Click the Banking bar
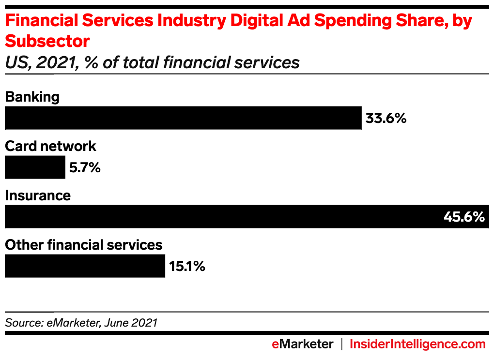coord(183,118)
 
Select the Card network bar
coord(35,167)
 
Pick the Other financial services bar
coord(85,266)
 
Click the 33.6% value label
coord(386,119)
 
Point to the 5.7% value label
coord(84,168)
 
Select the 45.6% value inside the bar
coord(464,217)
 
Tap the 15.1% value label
coord(187,266)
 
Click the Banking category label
coord(32,97)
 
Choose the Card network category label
coord(50,146)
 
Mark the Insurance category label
coord(38,195)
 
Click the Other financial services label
coord(83,245)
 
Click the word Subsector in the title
coord(47,42)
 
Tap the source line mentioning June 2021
coord(81,322)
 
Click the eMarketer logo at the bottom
coord(302,344)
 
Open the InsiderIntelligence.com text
coord(417,344)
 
